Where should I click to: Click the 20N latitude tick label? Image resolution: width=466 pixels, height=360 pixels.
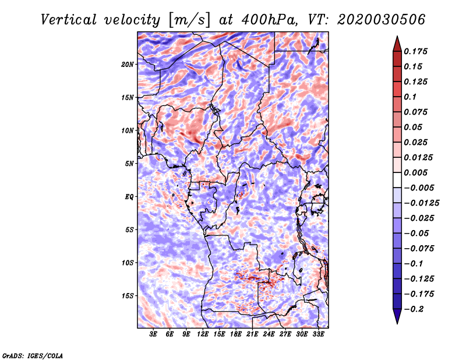pyautogui.click(x=128, y=65)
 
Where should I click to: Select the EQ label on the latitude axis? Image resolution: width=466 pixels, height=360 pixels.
pyautogui.click(x=129, y=197)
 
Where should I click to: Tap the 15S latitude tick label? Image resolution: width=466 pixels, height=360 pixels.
pyautogui.click(x=128, y=296)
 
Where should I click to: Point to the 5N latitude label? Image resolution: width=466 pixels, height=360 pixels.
pyautogui.click(x=129, y=164)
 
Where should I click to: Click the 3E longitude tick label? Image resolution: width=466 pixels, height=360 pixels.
pyautogui.click(x=153, y=334)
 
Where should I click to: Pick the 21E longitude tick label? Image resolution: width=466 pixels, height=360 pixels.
pyautogui.click(x=252, y=334)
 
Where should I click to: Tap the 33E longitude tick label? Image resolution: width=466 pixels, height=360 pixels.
pyautogui.click(x=318, y=334)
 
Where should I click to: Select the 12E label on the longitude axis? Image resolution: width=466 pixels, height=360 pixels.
pyautogui.click(x=203, y=334)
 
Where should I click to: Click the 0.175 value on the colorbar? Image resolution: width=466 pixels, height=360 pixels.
pyautogui.click(x=415, y=51)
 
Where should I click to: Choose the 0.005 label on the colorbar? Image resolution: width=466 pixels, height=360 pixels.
pyautogui.click(x=415, y=172)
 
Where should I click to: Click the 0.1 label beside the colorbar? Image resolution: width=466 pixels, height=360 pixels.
pyautogui.click(x=410, y=97)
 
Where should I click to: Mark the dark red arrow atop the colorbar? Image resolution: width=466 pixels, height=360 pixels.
pyautogui.click(x=397, y=44)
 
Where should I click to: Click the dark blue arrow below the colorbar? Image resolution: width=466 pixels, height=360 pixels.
pyautogui.click(x=397, y=316)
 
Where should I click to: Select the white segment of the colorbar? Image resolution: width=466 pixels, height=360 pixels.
pyautogui.click(x=397, y=180)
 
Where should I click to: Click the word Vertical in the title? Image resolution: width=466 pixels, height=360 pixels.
pyautogui.click(x=68, y=20)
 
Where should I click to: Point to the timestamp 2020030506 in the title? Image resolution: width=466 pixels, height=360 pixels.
pyautogui.click(x=382, y=20)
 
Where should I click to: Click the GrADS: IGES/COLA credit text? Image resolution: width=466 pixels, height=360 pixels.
pyautogui.click(x=33, y=356)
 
